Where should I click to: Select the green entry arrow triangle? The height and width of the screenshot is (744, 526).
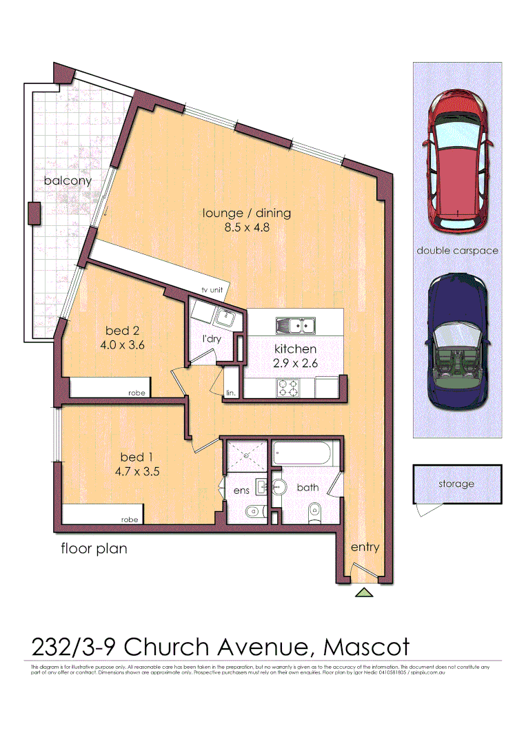coord(363,592)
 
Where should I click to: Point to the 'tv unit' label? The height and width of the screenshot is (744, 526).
coord(213,290)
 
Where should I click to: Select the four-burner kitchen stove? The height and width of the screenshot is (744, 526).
coord(287,389)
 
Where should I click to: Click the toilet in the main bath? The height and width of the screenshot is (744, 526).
coord(315,511)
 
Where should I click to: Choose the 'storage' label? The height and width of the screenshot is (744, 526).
coord(456,484)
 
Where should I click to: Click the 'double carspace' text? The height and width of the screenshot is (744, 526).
coord(457,251)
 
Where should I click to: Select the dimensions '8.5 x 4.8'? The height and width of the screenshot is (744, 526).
coord(247,227)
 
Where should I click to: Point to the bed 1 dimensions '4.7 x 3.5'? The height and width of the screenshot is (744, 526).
coord(136,472)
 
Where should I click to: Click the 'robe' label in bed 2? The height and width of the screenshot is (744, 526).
coord(136,393)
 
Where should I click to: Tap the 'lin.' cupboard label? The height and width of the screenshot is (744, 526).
coord(230,393)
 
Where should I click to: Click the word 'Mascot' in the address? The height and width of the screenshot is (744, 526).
coord(367,647)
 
